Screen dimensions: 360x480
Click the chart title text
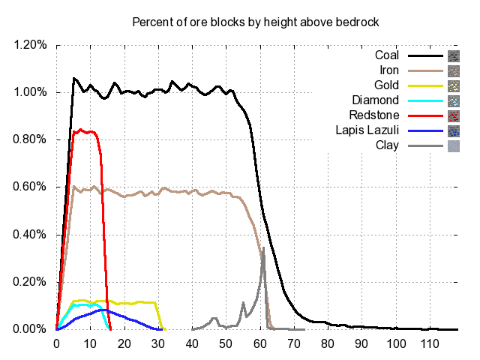255,22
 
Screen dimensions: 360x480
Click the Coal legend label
388,55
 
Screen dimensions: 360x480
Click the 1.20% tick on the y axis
31,45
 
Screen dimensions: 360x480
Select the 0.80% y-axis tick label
31,139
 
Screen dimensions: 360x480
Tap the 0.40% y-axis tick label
31,235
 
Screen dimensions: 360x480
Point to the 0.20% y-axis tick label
31,282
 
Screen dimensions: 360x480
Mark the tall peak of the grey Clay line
263,248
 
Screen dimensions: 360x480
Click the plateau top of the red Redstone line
84,131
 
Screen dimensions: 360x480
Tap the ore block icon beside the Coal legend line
453,55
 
